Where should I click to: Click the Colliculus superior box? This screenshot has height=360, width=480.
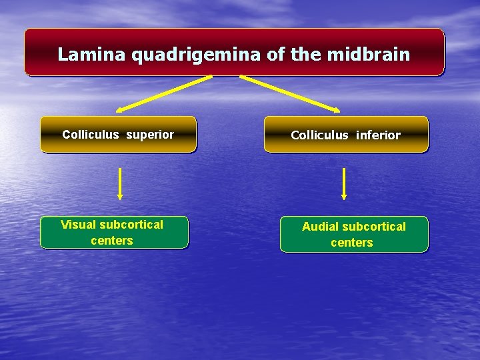click(118, 135)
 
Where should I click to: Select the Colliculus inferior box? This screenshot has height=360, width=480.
click(346, 135)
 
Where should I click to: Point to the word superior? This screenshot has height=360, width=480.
click(149, 135)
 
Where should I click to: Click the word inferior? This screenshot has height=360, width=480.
click(378, 135)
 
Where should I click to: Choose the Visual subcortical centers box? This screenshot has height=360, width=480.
click(114, 233)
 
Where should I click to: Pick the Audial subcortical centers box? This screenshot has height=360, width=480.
click(354, 235)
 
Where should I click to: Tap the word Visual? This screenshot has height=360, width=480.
click(78, 225)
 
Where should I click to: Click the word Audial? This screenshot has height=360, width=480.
click(320, 227)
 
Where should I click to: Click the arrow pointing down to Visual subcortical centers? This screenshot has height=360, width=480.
click(120, 184)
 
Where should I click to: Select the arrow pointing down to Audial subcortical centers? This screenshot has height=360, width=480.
click(344, 184)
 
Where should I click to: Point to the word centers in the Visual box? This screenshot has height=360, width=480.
click(112, 241)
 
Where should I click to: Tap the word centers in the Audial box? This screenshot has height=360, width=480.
click(352, 243)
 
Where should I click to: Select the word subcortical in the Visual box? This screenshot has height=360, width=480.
click(131, 225)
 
